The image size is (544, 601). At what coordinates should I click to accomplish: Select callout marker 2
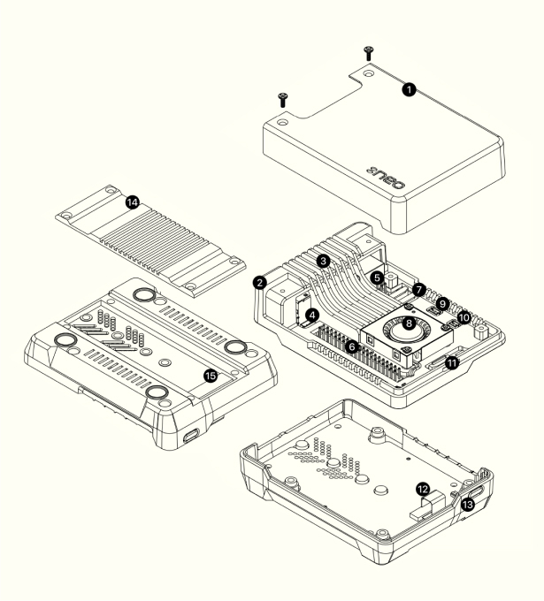click(x=259, y=283)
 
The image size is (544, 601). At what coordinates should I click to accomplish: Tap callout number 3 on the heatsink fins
click(x=325, y=262)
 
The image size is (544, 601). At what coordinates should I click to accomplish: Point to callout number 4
click(x=311, y=314)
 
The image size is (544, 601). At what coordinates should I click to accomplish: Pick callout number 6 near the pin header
click(x=353, y=347)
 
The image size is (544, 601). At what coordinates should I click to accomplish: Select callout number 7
click(x=419, y=289)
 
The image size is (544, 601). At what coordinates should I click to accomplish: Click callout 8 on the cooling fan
click(x=408, y=324)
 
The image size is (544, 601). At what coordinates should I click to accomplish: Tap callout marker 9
click(x=444, y=302)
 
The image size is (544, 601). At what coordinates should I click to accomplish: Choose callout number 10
click(x=464, y=316)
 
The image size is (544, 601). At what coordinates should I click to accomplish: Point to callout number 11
click(x=451, y=361)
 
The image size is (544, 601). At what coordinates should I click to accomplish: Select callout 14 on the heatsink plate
click(x=132, y=202)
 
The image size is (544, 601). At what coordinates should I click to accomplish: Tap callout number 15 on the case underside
click(x=211, y=375)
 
